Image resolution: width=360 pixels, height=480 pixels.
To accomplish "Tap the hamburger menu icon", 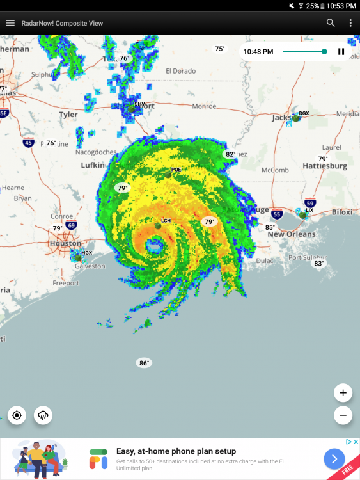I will (10, 23).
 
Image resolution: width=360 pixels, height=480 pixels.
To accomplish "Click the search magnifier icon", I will (331, 23).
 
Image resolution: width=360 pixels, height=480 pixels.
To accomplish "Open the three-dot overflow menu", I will (350, 23).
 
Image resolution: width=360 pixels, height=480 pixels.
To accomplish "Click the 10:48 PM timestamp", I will (258, 52).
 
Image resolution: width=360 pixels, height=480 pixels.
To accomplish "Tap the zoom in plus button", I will (343, 393).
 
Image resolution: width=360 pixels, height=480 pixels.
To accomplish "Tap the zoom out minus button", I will (343, 415).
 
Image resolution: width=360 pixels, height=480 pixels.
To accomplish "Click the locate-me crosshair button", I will (17, 415).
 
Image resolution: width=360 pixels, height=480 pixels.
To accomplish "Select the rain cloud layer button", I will (43, 415).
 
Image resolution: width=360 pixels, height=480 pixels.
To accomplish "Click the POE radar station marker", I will (168, 173).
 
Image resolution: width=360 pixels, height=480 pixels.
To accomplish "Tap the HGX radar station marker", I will (79, 257).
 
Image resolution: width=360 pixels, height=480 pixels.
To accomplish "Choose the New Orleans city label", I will (292, 234).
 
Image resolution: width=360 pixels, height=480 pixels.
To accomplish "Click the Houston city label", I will (65, 243).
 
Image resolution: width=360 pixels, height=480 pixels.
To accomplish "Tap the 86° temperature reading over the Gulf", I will (144, 363).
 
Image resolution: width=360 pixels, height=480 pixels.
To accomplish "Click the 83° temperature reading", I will (318, 263).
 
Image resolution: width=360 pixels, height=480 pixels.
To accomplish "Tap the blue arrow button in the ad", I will (334, 458).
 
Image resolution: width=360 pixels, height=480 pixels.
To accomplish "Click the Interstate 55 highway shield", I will (277, 214).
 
